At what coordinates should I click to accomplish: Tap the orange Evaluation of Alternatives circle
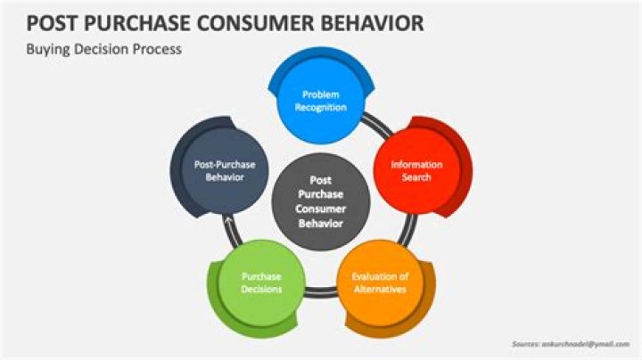379,282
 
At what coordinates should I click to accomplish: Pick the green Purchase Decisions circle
259,282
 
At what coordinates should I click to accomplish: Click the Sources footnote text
571,343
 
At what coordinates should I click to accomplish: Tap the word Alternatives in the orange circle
380,290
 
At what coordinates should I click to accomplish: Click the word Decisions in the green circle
259,290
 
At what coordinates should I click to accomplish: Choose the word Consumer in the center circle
319,209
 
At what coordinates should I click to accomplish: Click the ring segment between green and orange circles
319,292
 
